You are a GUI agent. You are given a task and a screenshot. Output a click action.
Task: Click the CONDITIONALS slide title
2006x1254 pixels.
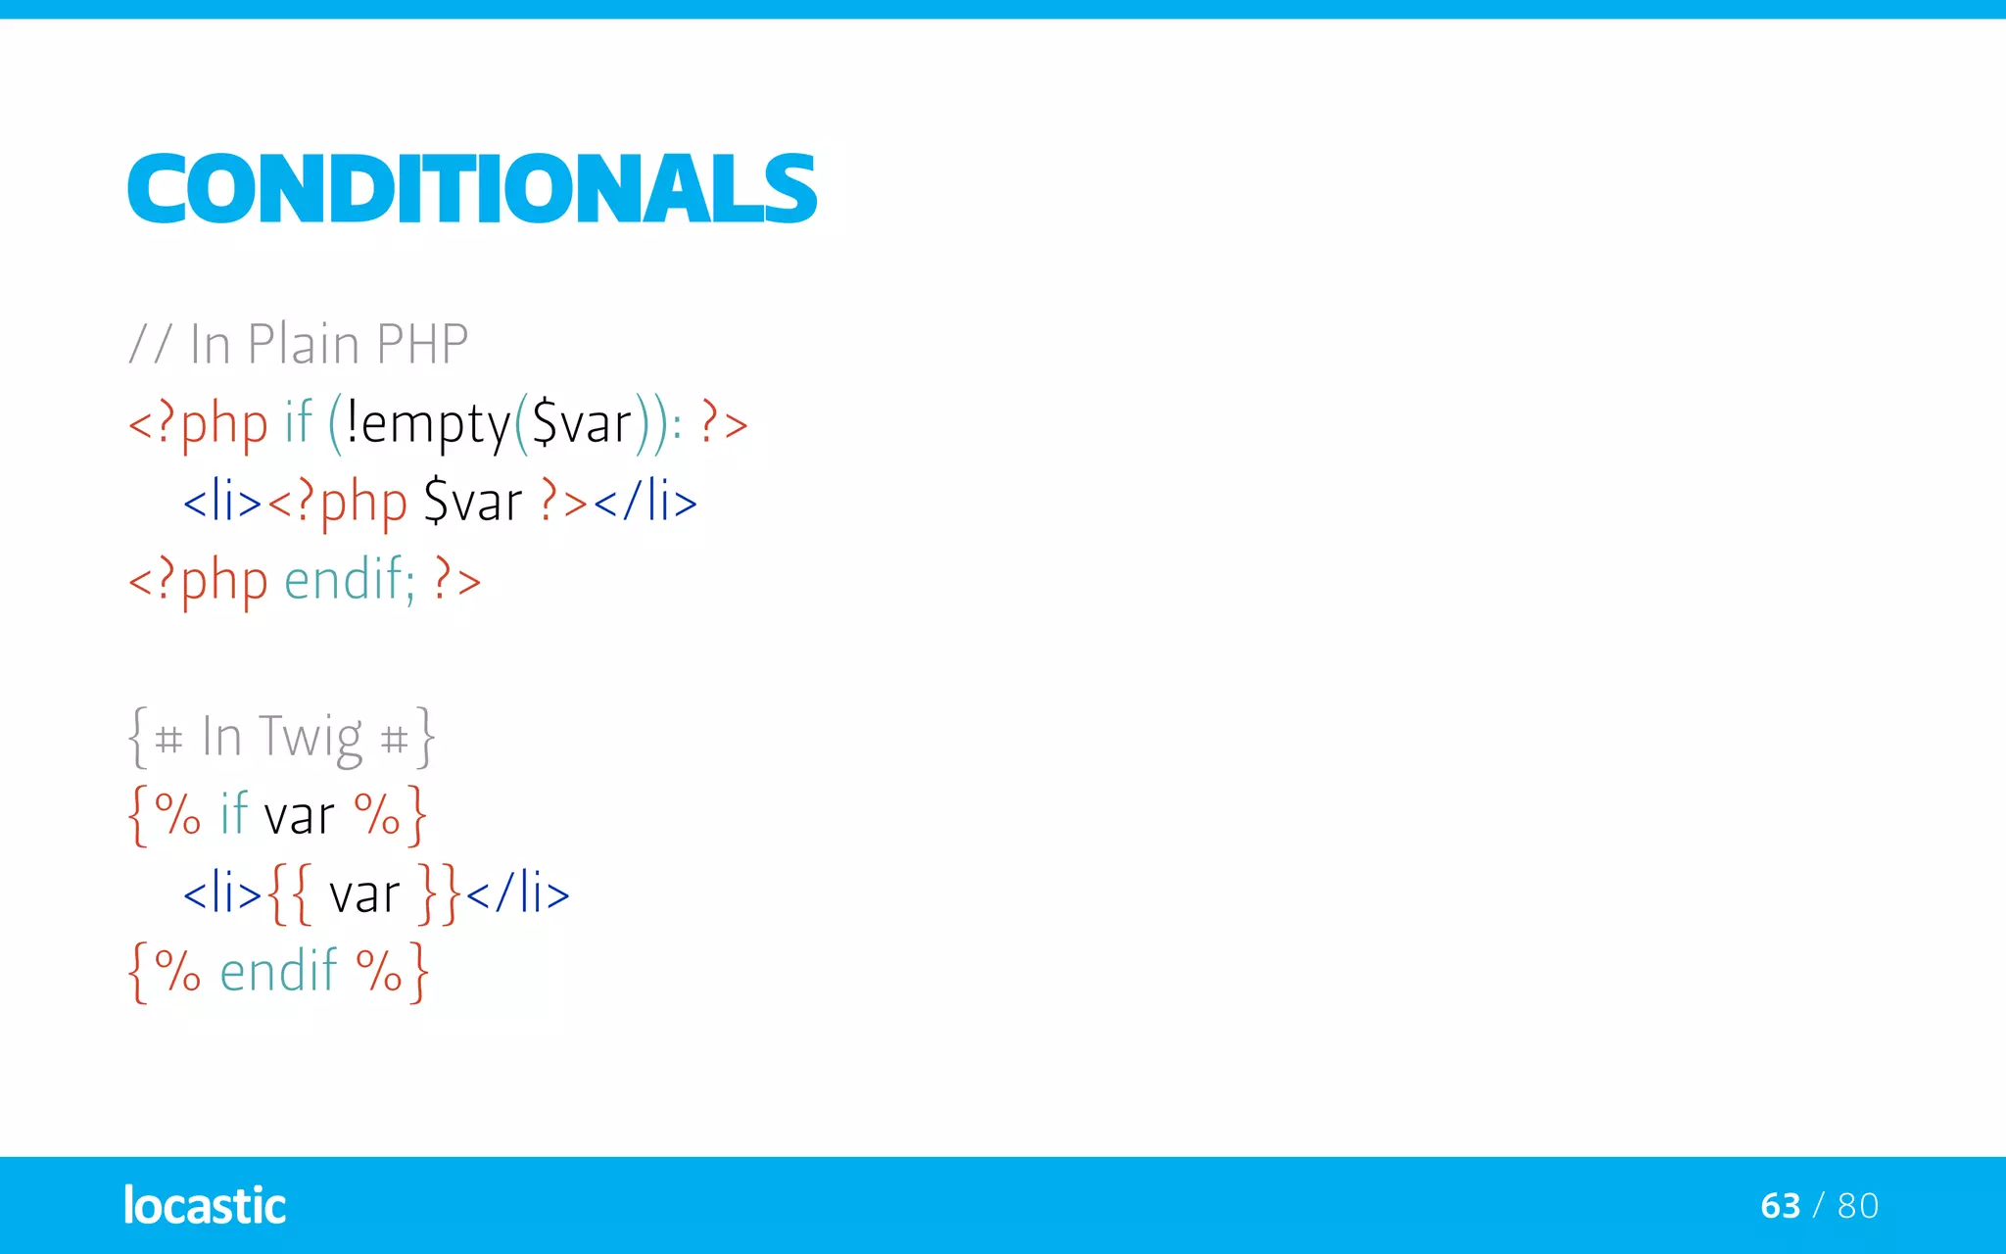click(471, 188)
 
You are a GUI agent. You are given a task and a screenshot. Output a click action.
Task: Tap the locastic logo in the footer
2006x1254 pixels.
click(205, 1205)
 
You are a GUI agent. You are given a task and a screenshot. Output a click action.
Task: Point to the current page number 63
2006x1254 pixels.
click(1780, 1205)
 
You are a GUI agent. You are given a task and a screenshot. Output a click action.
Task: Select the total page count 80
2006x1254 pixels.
click(1858, 1205)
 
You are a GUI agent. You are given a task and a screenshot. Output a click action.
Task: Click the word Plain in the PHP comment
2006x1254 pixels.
click(303, 344)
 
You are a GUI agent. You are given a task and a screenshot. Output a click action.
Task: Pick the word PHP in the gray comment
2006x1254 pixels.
click(422, 344)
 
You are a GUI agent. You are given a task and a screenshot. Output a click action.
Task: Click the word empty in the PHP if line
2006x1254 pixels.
click(436, 424)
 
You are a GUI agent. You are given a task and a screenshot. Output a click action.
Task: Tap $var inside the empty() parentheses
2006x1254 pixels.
click(582, 424)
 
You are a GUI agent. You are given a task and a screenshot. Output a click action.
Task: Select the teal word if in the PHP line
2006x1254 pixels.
click(298, 422)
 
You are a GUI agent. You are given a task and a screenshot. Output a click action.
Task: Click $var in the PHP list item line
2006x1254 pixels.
click(473, 502)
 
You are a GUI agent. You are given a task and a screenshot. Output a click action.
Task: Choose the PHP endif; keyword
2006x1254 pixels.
click(350, 579)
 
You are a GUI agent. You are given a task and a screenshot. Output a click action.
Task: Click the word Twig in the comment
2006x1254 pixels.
click(310, 737)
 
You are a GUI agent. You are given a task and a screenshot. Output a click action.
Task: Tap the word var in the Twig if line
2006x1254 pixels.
click(300, 815)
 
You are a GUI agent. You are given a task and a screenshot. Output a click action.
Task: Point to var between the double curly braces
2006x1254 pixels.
click(364, 893)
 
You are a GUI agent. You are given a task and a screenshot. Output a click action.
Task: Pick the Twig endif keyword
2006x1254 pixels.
click(279, 971)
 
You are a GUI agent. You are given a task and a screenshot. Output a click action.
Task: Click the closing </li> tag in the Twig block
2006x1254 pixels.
click(517, 892)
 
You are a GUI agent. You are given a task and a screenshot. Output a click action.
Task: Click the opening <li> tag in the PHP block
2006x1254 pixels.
click(222, 502)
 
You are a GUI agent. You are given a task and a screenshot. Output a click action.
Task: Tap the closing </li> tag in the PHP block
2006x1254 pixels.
click(645, 502)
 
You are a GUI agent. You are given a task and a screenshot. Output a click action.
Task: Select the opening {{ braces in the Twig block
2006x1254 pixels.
click(290, 893)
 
